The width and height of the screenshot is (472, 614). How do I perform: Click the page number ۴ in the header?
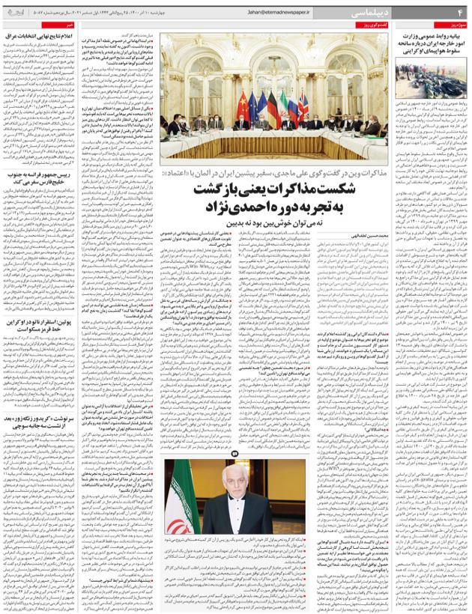click(x=459, y=13)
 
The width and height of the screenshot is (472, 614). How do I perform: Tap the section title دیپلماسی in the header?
click(x=420, y=13)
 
